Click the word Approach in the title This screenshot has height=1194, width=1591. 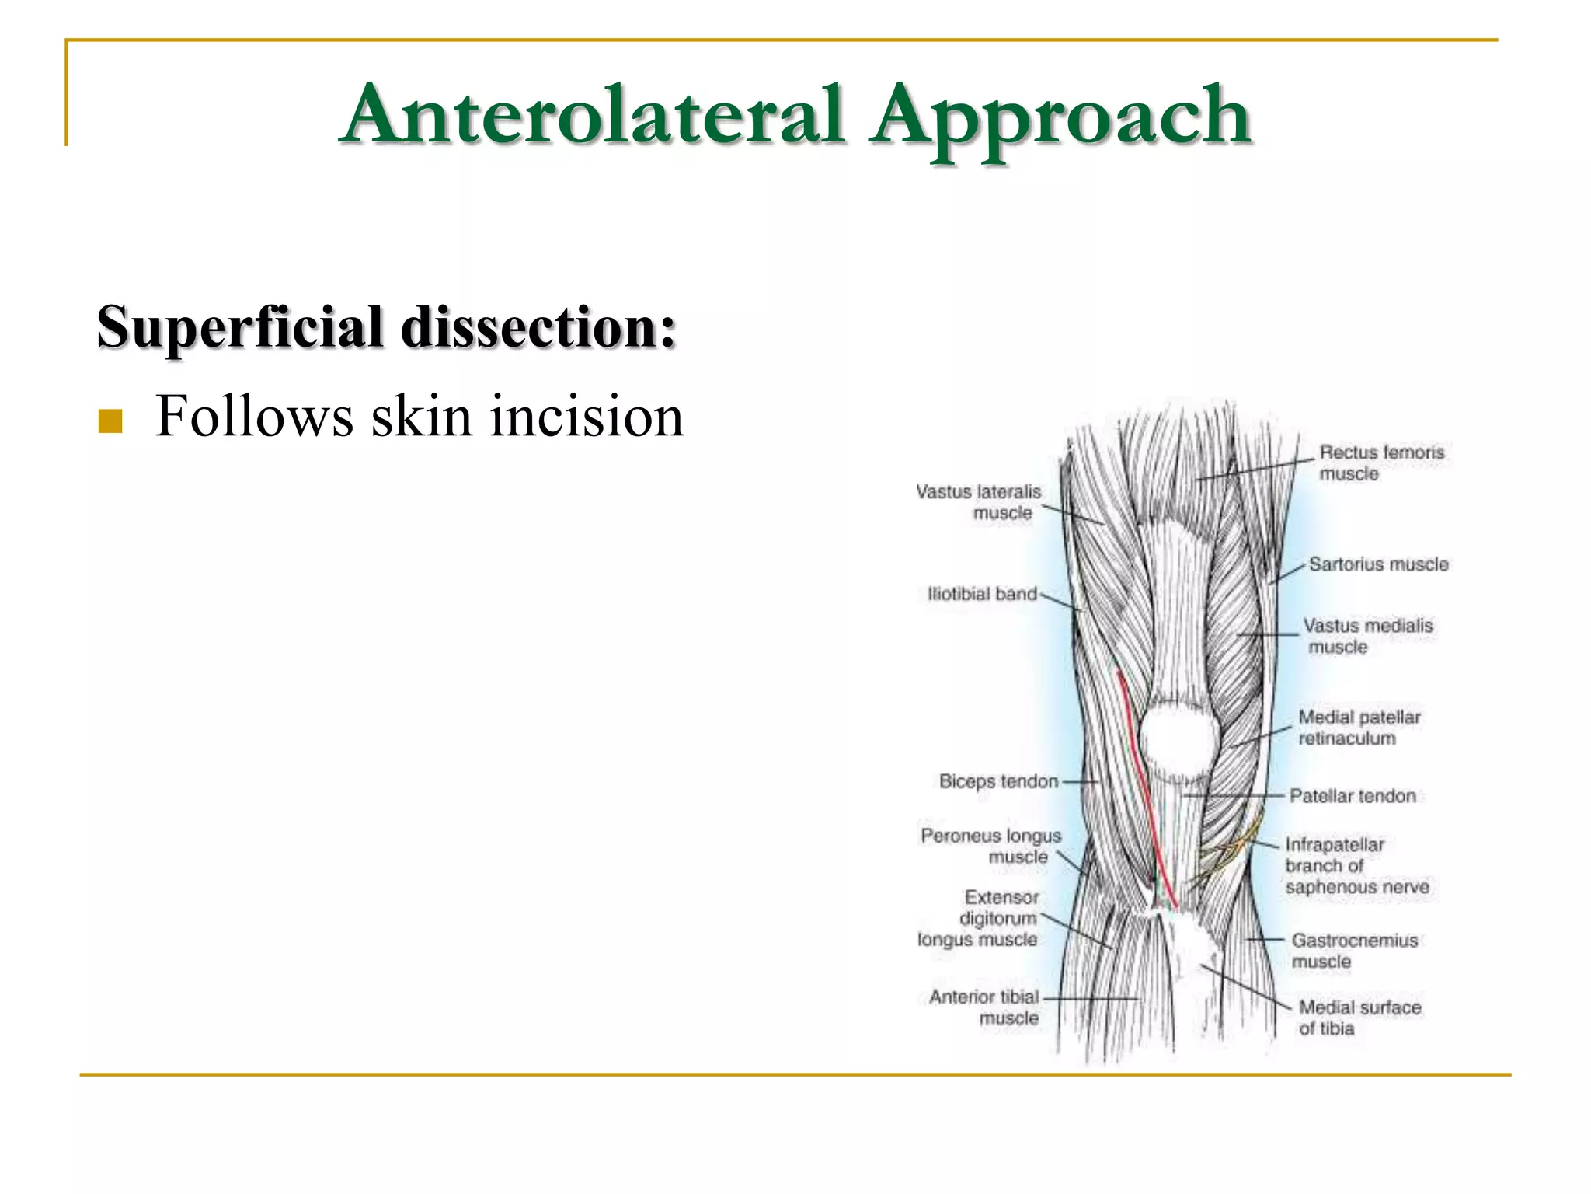tap(1060, 117)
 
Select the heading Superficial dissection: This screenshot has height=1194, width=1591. tap(386, 327)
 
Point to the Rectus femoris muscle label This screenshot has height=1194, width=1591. tap(1380, 463)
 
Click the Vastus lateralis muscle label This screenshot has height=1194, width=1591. tap(980, 502)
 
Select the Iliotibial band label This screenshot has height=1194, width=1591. tap(982, 594)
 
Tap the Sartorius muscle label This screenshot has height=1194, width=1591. tap(1378, 564)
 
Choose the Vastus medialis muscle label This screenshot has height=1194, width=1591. tap(1366, 636)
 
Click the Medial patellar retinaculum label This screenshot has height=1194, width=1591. tap(1359, 728)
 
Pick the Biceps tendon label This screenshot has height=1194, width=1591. tap(998, 781)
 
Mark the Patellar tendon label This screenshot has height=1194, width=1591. tap(1352, 796)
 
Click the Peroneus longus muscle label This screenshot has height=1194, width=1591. tap(991, 846)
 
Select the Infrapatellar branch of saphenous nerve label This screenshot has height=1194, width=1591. tap(1356, 865)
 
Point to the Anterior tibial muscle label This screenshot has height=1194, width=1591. tap(984, 1007)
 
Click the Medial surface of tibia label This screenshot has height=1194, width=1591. tap(1359, 1018)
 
